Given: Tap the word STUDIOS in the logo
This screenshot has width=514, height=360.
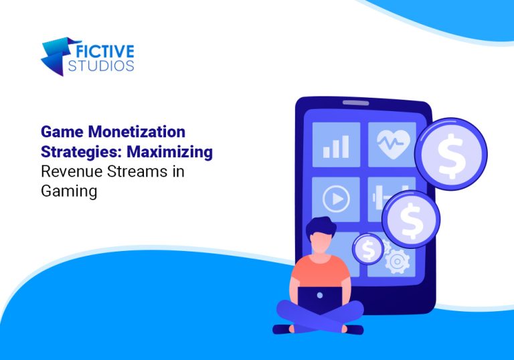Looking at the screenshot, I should click(x=101, y=66).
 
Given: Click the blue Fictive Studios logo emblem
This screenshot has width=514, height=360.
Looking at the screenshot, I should click(x=55, y=55).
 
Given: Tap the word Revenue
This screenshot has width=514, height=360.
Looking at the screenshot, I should click(x=70, y=171).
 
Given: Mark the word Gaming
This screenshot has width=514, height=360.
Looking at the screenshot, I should click(x=69, y=191).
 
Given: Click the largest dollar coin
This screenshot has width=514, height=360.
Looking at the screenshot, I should click(x=450, y=153).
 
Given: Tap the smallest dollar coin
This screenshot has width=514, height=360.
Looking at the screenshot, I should click(x=368, y=249).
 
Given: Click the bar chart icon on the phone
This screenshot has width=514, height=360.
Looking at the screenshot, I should click(x=335, y=145).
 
